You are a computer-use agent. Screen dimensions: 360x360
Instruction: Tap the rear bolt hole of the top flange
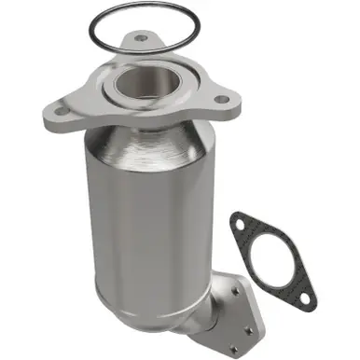pos(140,39)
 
